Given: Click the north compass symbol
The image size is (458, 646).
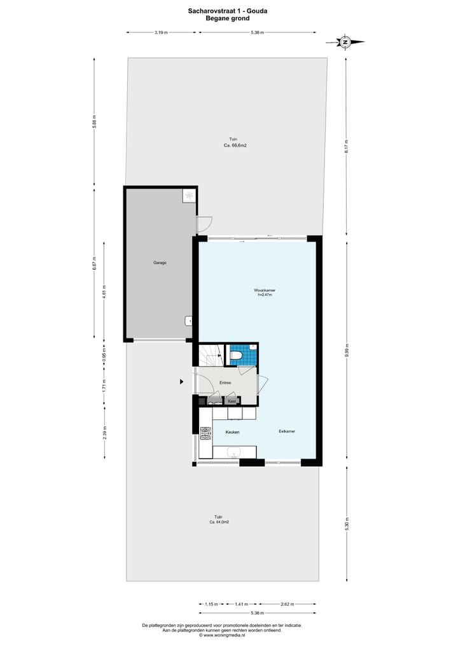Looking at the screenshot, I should pos(345,42).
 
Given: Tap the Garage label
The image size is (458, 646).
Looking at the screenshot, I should pos(160,262).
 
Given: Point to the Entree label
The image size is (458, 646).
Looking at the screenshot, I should pos(225,382).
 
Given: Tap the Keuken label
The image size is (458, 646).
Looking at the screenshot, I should pos(232,432).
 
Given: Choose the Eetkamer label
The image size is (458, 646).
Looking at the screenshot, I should pos(287,431).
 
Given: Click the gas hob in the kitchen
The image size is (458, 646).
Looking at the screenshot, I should pos(205,434).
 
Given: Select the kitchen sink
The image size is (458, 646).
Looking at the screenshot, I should pos(233,453).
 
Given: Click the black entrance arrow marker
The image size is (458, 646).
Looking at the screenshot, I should pos(182,382).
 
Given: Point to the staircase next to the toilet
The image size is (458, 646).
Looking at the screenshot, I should pos(211,354).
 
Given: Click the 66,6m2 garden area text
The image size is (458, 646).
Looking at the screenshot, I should pos(235,145).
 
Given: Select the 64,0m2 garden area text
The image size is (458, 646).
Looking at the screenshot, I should pos(219,522).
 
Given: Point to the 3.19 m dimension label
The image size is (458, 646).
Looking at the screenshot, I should pos(161,32).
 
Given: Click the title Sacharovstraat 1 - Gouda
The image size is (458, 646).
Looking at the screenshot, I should pos(228,11).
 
